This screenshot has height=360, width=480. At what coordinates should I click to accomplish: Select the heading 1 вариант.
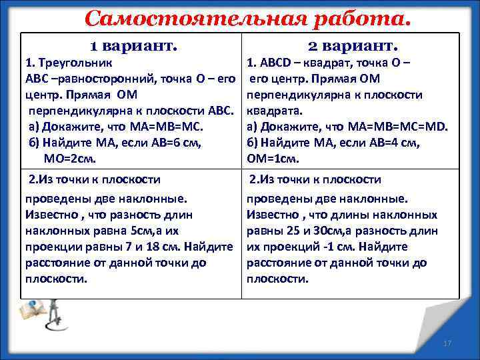[x=134, y=46]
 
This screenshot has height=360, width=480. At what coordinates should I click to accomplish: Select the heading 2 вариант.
[x=353, y=46]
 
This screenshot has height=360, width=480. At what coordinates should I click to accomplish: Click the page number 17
[x=447, y=343]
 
